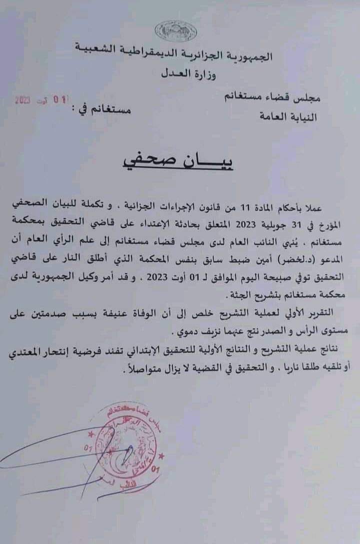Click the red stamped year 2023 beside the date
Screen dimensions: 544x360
click(23, 100)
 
